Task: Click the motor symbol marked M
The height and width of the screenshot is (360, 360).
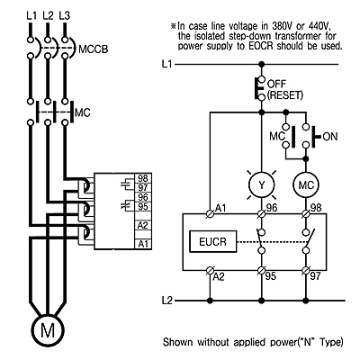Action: [48, 330]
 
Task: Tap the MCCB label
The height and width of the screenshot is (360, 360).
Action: [93, 49]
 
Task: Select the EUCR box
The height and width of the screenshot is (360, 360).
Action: [213, 241]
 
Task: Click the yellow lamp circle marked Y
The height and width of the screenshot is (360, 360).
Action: [262, 184]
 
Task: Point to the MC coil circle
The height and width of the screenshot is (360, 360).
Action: [306, 184]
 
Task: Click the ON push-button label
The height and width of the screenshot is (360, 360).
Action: [330, 137]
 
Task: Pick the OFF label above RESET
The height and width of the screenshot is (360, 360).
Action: [276, 84]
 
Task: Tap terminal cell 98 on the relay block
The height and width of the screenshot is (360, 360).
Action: [143, 178]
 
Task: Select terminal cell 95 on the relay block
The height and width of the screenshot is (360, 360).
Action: [143, 207]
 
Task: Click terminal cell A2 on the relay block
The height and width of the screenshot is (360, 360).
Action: [143, 225]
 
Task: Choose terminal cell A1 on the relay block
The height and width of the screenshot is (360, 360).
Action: [143, 244]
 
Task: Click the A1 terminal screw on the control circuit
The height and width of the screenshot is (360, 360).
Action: [210, 213]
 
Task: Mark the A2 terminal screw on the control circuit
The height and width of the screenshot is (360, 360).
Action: [210, 271]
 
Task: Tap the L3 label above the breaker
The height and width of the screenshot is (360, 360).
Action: [64, 15]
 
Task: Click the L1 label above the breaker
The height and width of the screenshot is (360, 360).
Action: [31, 15]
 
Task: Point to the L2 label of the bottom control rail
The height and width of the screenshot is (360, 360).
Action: [167, 301]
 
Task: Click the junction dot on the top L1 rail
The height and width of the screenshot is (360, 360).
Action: [262, 64]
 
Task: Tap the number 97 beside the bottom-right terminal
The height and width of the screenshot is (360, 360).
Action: [315, 276]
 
